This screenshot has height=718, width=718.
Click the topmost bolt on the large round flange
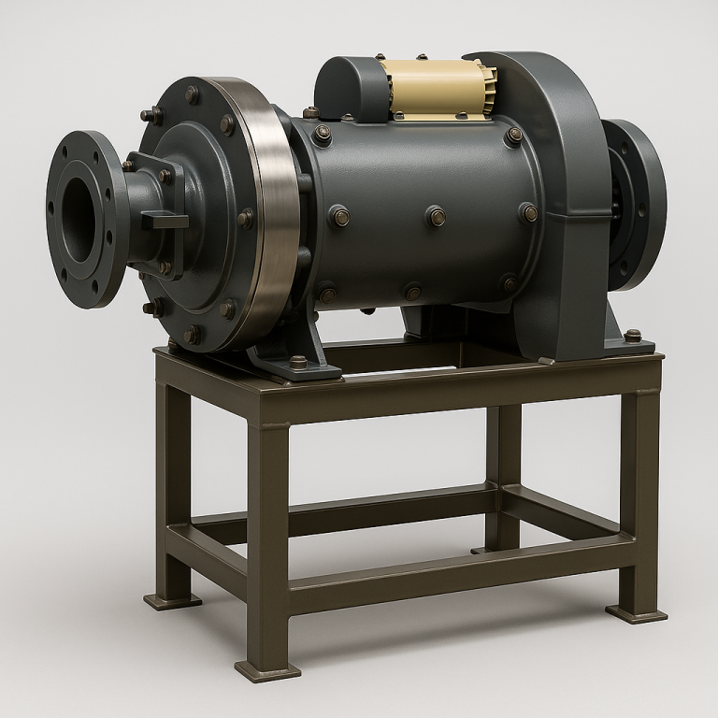click(x=192, y=94)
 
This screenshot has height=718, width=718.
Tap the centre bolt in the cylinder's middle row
click(x=436, y=216)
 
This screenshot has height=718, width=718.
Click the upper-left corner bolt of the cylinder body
click(x=323, y=135)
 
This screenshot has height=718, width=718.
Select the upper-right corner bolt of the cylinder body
click(x=513, y=136)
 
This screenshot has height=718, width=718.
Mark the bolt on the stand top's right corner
click(x=633, y=335)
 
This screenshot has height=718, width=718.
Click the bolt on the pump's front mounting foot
click(x=297, y=361)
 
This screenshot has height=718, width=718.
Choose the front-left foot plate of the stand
click(x=266, y=670)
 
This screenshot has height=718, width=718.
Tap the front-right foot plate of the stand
click(x=636, y=613)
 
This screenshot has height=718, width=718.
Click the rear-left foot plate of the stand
click(x=172, y=599)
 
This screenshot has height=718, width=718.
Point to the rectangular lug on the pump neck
click(x=165, y=221)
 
